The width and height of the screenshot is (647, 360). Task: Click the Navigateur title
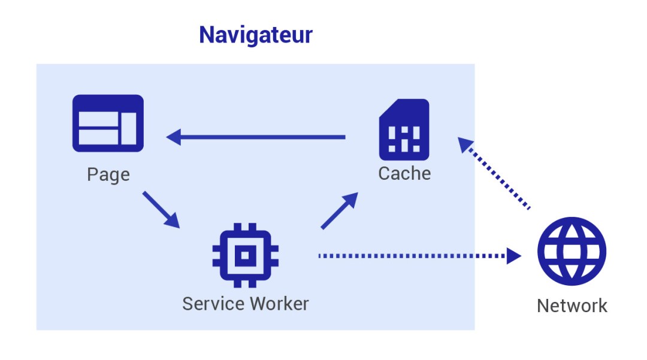coord(256,35)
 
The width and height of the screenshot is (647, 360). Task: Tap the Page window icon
coord(108,123)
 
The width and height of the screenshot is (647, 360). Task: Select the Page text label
coord(108,175)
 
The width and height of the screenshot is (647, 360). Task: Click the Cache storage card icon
coord(404,129)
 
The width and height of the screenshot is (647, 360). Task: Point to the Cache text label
coord(404,174)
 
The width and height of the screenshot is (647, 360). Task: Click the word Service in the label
coord(213,304)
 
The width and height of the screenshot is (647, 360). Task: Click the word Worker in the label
coord(279,304)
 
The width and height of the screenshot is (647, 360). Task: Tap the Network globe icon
coord(572,251)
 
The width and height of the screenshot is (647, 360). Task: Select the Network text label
coord(572,306)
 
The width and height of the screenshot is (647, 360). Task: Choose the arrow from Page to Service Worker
coord(161,209)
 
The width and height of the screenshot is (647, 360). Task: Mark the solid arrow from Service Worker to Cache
coord(339,211)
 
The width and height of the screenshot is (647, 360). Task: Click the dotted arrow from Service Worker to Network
coord(419,256)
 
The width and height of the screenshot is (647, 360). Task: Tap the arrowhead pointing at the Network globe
coord(513,256)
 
